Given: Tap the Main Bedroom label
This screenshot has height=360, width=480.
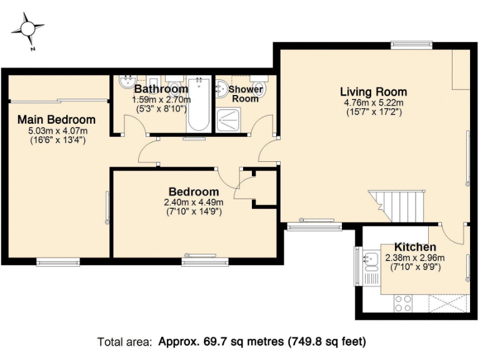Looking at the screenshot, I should [x=56, y=119].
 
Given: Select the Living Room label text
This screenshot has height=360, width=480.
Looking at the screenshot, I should [x=374, y=92].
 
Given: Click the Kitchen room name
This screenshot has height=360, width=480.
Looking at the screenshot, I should [x=415, y=247].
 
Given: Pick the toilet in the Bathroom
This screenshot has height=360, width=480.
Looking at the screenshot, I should [x=174, y=86].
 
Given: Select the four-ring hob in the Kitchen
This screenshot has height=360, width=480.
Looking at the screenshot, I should [x=403, y=303].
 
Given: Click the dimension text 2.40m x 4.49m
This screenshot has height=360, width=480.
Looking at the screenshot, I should [x=194, y=202].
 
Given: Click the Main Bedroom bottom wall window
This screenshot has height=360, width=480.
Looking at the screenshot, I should [x=57, y=261].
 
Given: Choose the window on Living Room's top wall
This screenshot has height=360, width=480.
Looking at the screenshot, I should [x=411, y=44].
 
